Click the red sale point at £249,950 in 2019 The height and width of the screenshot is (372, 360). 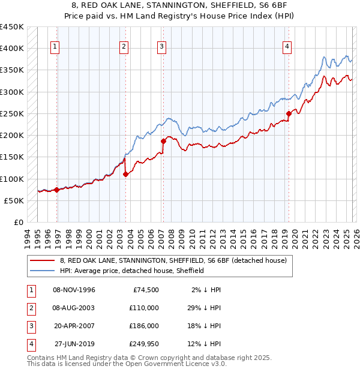(289, 113)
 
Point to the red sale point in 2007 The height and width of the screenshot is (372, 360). (163, 141)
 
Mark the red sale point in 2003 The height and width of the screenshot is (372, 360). (125, 174)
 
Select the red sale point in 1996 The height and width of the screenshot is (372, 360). (57, 190)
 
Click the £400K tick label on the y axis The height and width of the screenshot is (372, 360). (12, 49)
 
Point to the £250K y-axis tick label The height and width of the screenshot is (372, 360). (12, 113)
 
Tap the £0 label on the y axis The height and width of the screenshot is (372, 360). (18, 223)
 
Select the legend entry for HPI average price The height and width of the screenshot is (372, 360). (132, 271)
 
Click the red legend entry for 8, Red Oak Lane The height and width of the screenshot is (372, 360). (174, 260)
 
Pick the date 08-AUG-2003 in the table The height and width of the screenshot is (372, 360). (74, 307)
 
